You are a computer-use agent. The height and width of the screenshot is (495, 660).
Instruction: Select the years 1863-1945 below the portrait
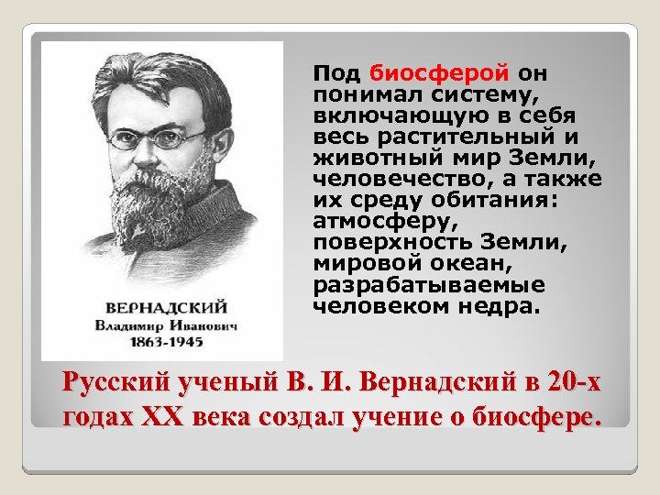(x=164, y=342)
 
